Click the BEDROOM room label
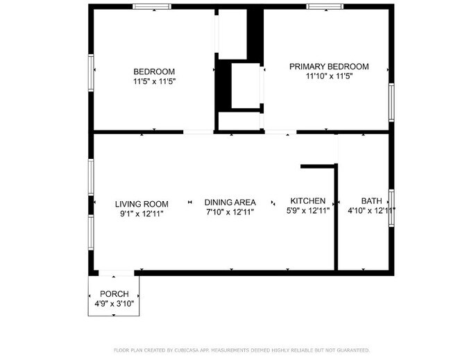[154, 71]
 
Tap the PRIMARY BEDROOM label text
[329, 67]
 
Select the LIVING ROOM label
[142, 204]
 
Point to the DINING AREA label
[230, 203]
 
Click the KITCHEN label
[308, 201]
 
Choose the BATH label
[371, 201]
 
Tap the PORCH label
[114, 294]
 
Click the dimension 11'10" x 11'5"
[329, 76]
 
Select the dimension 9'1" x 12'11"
[142, 214]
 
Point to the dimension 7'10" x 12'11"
[230, 212]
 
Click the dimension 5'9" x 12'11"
[308, 211]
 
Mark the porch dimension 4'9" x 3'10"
[114, 304]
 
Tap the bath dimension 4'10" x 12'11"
[371, 211]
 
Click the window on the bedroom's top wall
[153, 7]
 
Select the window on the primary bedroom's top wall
[325, 7]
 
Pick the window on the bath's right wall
[391, 207]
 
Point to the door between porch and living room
[115, 273]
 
